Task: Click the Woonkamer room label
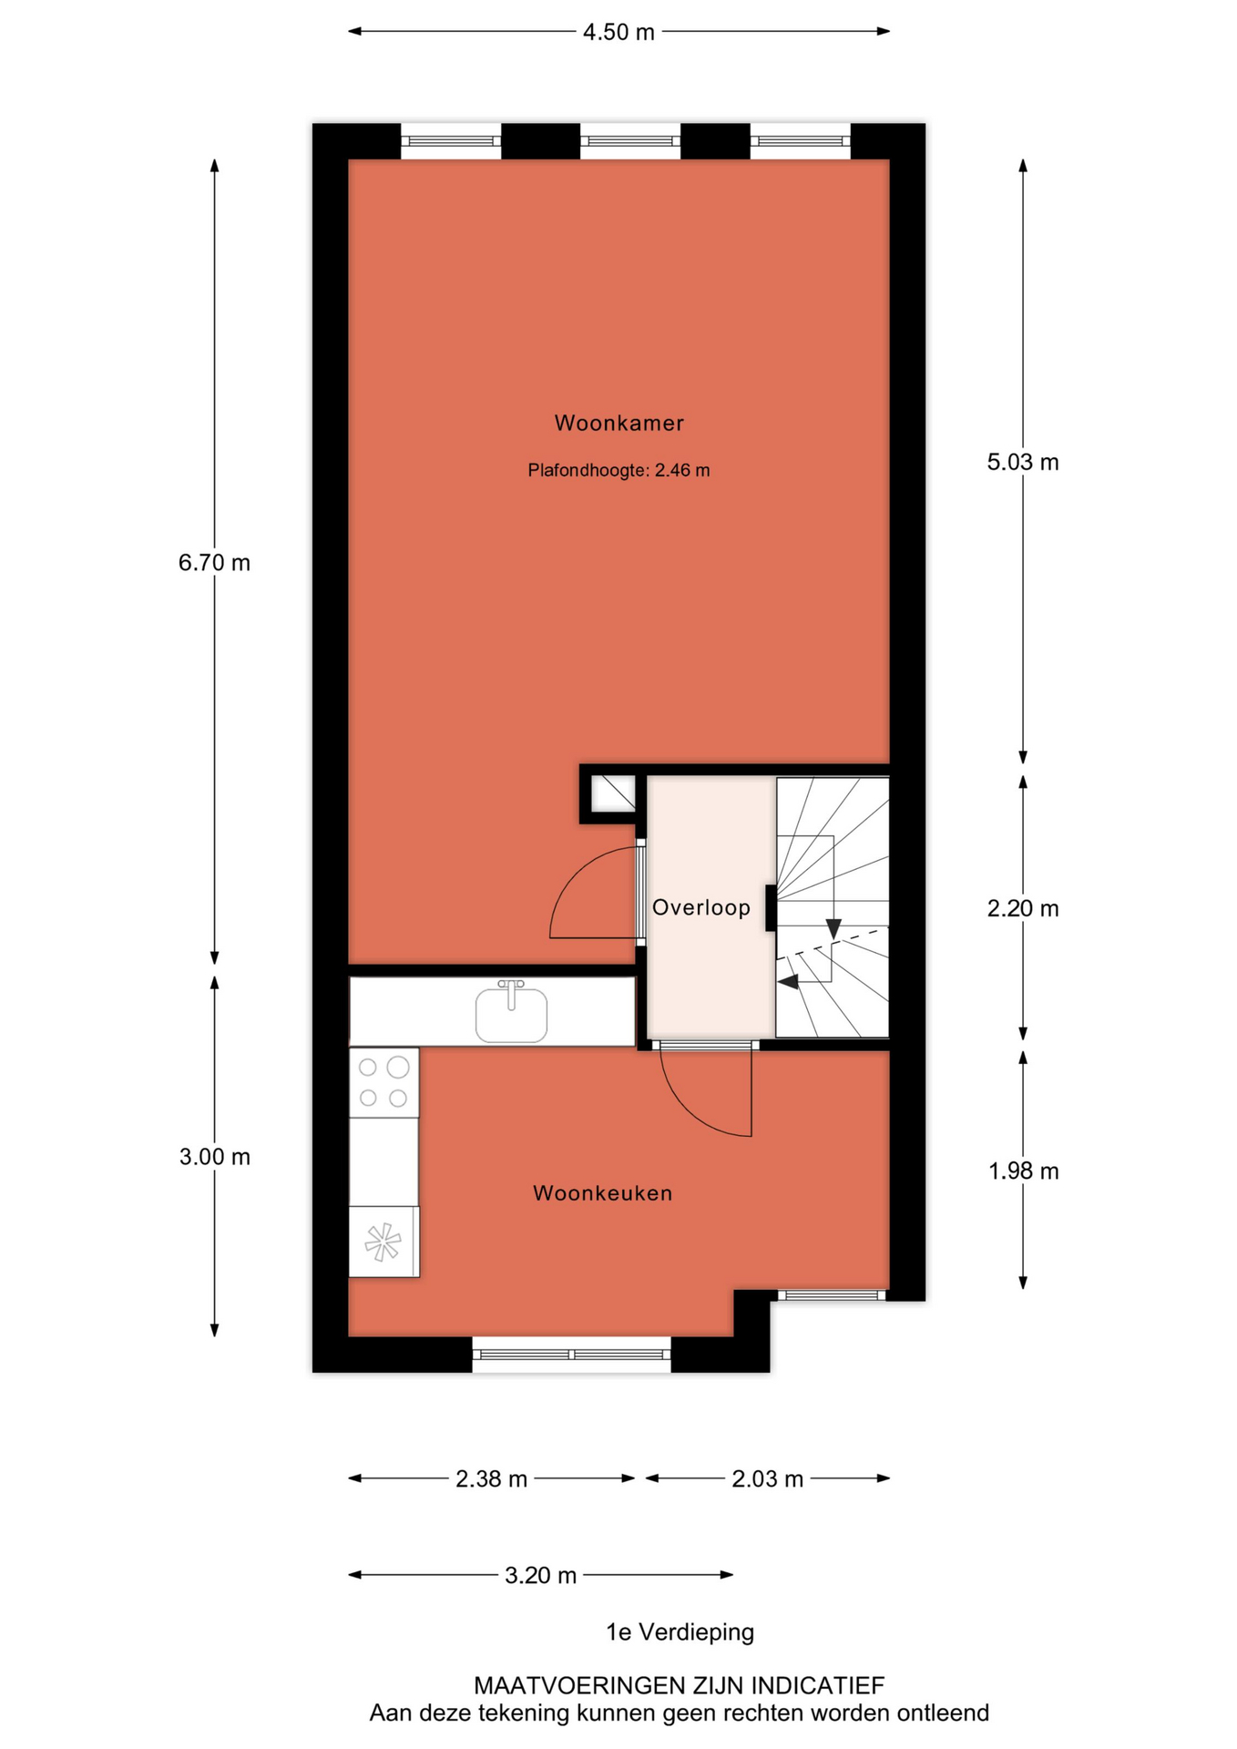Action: tap(618, 423)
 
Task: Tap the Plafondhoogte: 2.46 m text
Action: tap(618, 470)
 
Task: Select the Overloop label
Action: tap(701, 907)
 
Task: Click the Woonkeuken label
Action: tap(603, 1193)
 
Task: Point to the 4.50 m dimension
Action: tap(618, 32)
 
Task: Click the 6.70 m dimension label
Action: tap(214, 563)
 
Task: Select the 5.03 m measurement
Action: tap(1023, 462)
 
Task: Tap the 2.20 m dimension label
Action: tap(1023, 908)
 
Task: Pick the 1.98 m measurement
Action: tap(1024, 1171)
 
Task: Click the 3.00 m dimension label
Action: tap(215, 1157)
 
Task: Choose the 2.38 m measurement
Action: tap(492, 1478)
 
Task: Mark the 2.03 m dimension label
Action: tap(768, 1478)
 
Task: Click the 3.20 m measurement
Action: tap(541, 1575)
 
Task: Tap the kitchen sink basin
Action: tap(512, 1015)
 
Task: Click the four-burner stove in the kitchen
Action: tap(383, 1082)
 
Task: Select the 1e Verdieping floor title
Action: tap(680, 1631)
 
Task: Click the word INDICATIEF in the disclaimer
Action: tap(817, 1685)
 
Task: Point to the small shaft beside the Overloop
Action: tap(613, 793)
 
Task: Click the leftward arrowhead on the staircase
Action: tap(788, 981)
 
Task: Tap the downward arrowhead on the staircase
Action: tap(833, 929)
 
